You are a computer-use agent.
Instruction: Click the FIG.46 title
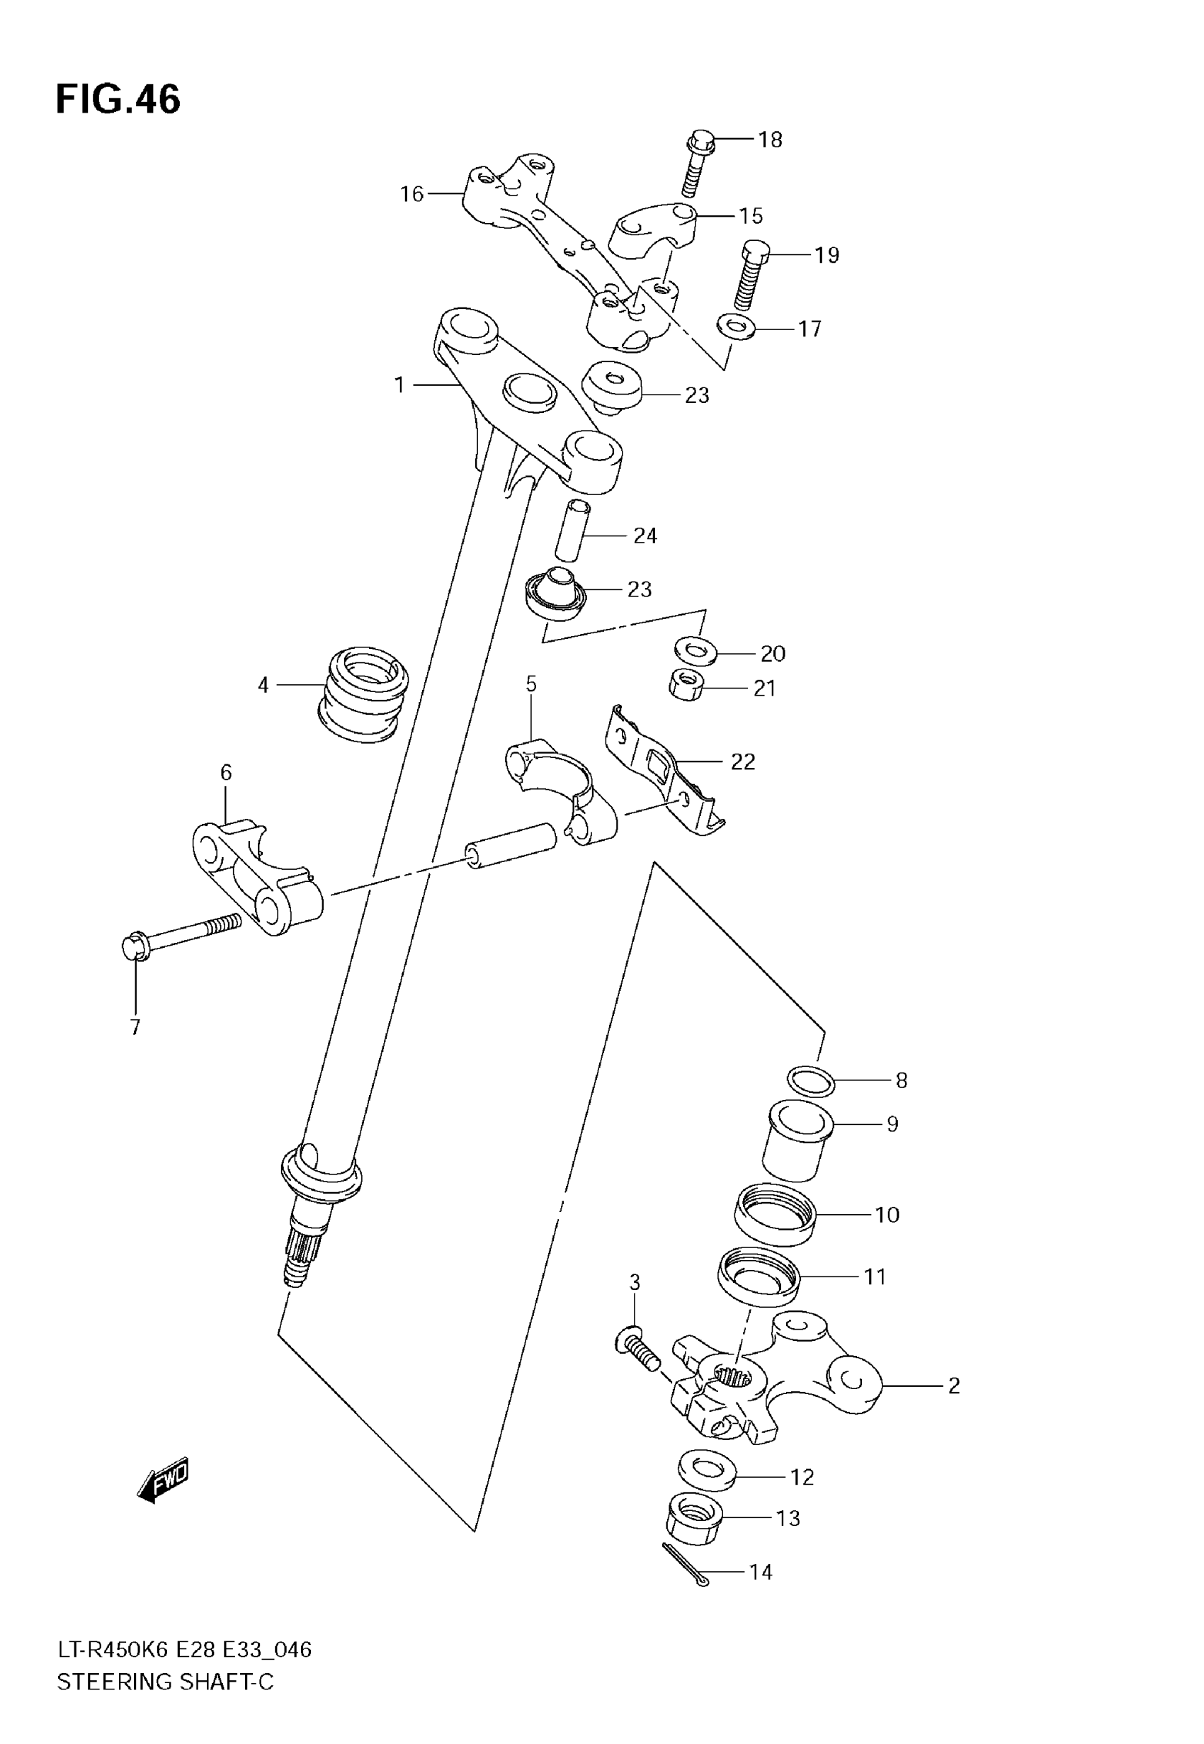click(x=118, y=100)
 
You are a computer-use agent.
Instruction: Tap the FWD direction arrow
click(x=163, y=1481)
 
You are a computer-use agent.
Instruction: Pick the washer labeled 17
click(x=736, y=327)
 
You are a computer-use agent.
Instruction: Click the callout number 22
click(x=742, y=762)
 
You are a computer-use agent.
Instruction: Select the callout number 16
click(x=412, y=195)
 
